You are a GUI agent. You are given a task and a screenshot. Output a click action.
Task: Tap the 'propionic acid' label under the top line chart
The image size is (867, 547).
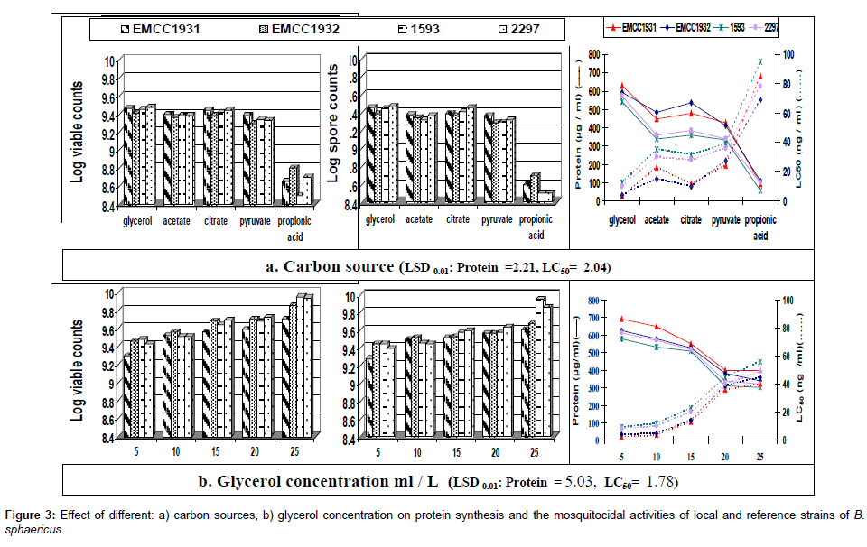click(760, 225)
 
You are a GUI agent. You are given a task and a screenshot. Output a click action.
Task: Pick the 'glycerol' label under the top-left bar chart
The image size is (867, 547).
click(142, 219)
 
